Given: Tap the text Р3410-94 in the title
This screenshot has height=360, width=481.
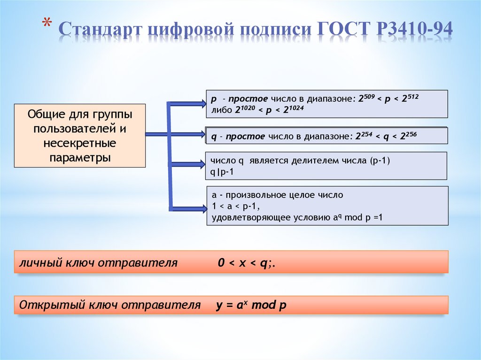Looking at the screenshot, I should [x=415, y=29].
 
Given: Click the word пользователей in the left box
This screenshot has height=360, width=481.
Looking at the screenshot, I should [x=79, y=128].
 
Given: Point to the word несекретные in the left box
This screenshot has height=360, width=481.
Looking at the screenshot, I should [x=79, y=143].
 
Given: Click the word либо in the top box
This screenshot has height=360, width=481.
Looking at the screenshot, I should [x=219, y=110].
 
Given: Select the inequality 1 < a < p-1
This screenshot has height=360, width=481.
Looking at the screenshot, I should [x=235, y=206].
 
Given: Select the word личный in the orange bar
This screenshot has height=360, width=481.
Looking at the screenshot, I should [x=36, y=263].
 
